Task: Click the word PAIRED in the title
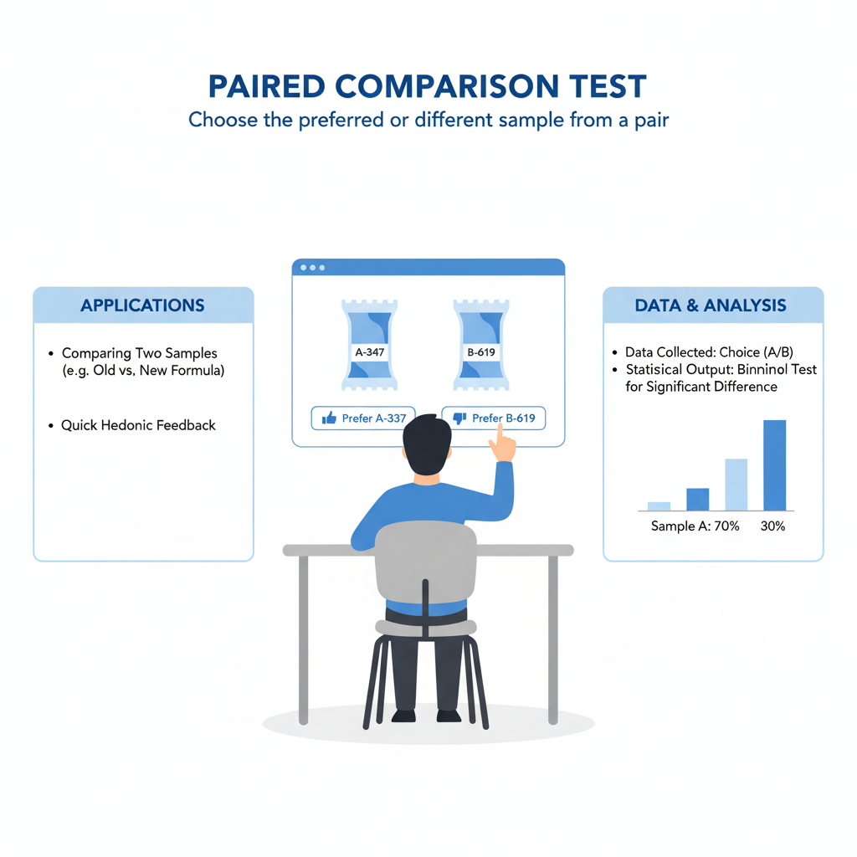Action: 267,86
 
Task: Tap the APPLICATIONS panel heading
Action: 142,305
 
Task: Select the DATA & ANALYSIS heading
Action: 711,305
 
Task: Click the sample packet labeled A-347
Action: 369,345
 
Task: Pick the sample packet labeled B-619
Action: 481,345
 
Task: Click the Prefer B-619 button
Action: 494,418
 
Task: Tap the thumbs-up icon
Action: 329,418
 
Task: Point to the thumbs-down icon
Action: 459,418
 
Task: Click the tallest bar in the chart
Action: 774,465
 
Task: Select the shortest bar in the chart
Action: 659,506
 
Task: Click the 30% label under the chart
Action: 772,526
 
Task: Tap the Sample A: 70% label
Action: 695,526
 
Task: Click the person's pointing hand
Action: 501,443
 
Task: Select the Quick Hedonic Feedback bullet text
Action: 138,425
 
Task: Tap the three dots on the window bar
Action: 313,268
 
